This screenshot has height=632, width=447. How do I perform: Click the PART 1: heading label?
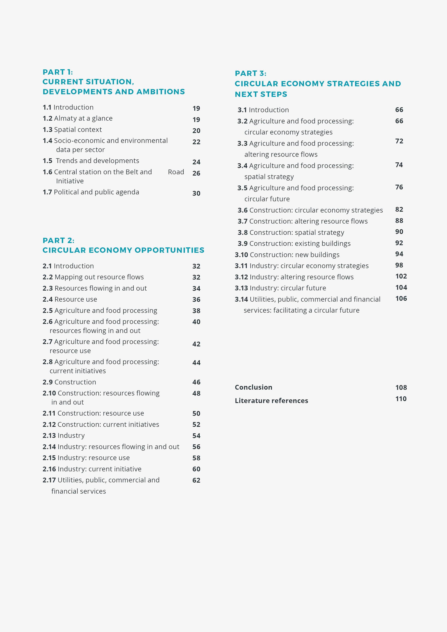click(58, 72)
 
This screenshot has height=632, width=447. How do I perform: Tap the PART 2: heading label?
click(58, 241)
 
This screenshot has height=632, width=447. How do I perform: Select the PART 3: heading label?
click(250, 74)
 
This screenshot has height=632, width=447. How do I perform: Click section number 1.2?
click(47, 118)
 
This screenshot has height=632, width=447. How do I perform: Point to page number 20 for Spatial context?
click(196, 131)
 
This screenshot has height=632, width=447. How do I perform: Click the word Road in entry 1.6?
click(176, 172)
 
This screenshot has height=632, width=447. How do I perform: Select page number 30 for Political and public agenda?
click(196, 194)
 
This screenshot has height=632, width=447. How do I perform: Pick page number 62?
click(196, 480)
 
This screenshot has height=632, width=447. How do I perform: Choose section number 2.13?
click(49, 435)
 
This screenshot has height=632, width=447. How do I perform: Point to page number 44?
click(196, 363)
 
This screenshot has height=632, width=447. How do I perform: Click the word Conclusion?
click(253, 387)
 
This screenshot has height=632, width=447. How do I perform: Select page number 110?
click(401, 399)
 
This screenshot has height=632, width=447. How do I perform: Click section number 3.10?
click(241, 255)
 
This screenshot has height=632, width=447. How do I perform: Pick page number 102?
click(401, 276)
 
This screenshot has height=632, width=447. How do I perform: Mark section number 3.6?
click(242, 210)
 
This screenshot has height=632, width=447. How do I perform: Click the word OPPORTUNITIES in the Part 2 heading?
click(169, 250)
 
